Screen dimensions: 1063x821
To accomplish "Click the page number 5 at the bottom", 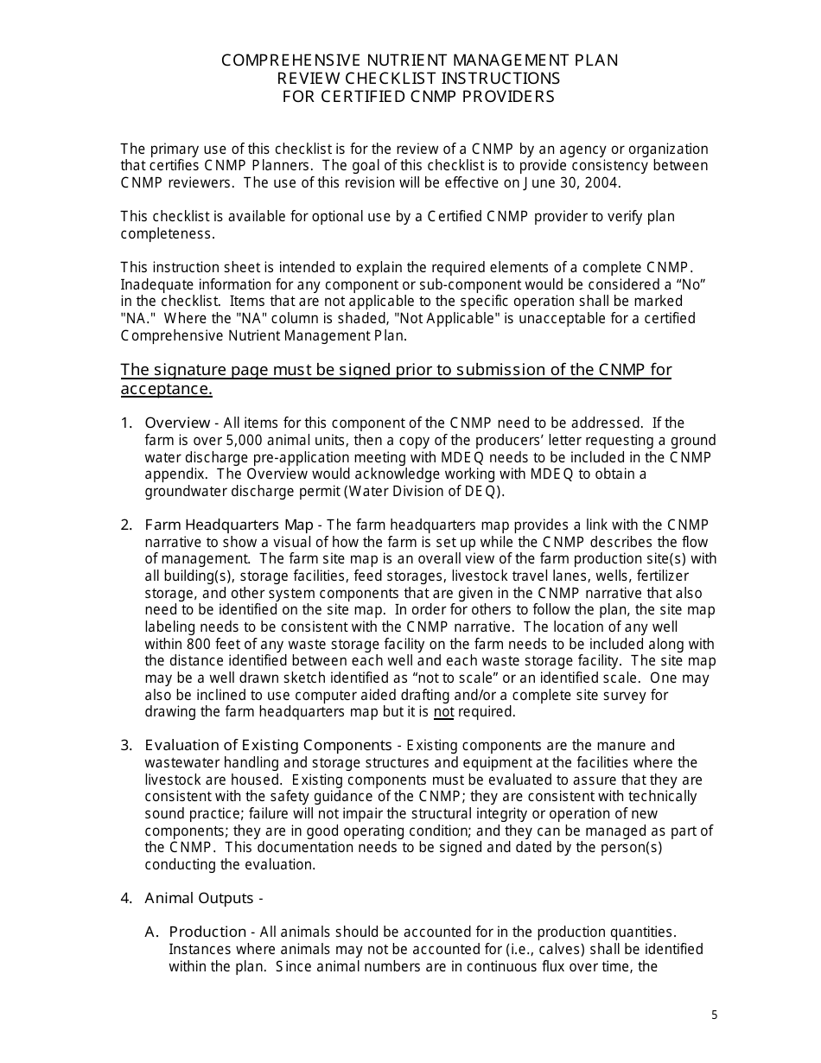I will point(714,1015).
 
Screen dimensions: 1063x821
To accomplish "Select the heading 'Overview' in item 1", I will point(177,423).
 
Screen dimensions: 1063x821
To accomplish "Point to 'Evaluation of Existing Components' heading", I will point(268,745).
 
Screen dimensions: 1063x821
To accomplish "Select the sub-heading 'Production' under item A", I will point(207,932).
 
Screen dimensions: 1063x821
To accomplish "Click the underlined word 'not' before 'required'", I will point(443,712).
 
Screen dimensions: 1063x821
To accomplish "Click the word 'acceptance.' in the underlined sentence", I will point(166,389).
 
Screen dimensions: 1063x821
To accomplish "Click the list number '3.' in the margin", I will point(126,745).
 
